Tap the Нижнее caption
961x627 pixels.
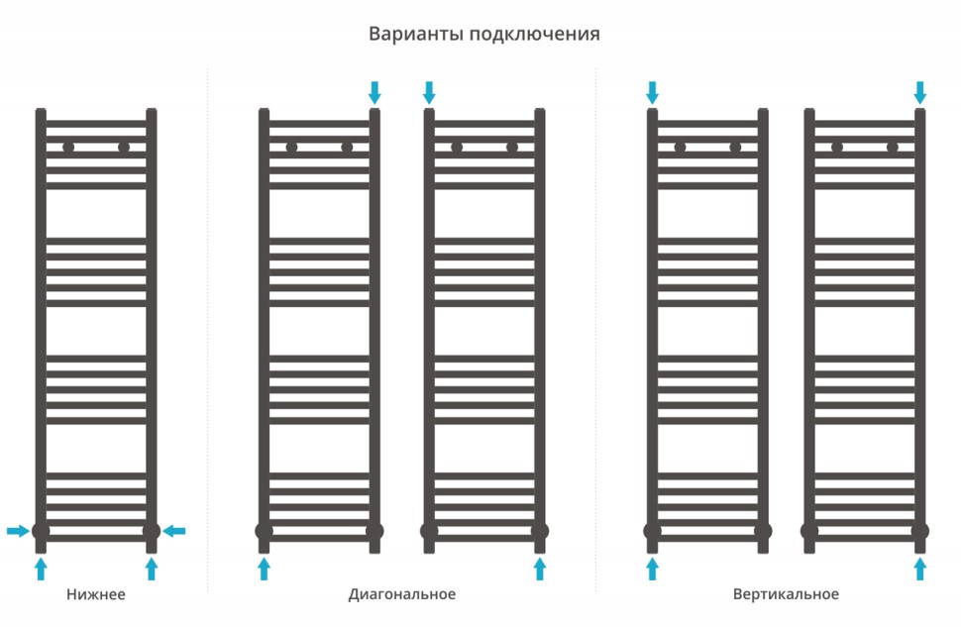[96, 594]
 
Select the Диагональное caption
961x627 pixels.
[402, 594]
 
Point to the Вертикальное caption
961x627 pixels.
[786, 594]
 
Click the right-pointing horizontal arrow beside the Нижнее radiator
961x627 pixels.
[18, 532]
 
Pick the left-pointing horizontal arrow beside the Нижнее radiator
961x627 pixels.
[174, 532]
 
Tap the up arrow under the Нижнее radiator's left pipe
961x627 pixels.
[41, 568]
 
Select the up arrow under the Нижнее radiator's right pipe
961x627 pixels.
[152, 568]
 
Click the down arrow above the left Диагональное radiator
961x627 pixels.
[374, 93]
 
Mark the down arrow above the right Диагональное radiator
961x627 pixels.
[429, 93]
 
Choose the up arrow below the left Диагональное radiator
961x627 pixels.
[264, 568]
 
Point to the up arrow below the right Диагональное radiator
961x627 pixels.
[540, 568]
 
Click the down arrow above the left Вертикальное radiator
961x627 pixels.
[652, 93]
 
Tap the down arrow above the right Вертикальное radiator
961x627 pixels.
[920, 93]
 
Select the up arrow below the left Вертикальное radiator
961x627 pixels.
[652, 568]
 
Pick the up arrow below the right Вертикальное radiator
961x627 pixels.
[920, 568]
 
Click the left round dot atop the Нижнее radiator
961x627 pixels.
[68, 148]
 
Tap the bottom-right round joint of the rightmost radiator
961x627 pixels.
[920, 531]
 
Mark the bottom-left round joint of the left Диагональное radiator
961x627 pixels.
[264, 531]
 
